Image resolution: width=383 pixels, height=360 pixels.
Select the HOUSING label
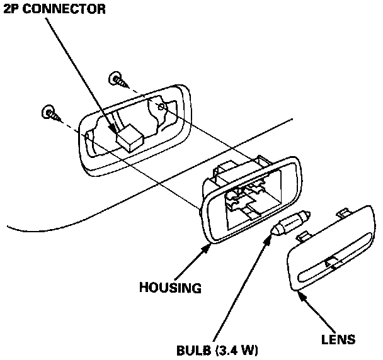170,289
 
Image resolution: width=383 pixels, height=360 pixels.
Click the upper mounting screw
118,79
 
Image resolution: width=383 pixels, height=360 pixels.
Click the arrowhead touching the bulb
272,239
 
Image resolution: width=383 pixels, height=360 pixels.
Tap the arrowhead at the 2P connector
115,131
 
